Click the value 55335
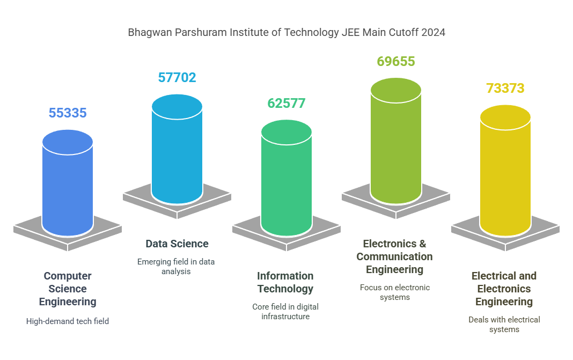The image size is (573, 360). point(68,113)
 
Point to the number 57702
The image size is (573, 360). point(177,78)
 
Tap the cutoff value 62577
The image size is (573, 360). point(286,103)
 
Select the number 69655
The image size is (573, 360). point(396,62)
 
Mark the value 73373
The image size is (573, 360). point(505,89)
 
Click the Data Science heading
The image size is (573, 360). point(177,244)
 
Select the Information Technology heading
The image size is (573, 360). point(285,282)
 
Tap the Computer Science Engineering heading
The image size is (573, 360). point(68,289)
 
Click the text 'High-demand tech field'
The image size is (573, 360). point(68,321)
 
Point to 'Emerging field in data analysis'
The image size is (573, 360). point(176,267)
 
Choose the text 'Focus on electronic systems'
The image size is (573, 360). point(395,292)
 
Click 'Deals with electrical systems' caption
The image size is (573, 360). point(504,325)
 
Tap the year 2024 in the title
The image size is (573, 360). point(433,33)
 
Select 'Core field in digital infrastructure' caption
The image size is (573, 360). point(285,312)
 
